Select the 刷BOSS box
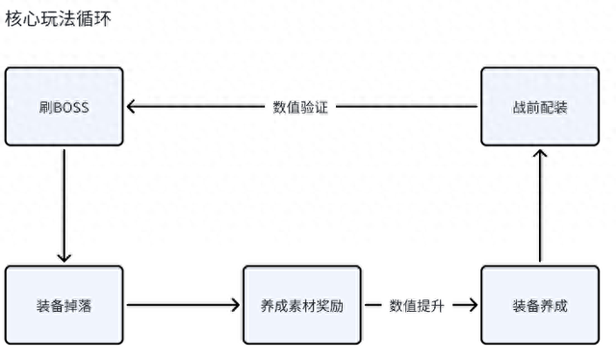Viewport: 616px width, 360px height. pos(64,106)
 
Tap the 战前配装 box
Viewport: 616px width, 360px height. pos(540,106)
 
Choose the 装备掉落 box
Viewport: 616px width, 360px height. pos(64,305)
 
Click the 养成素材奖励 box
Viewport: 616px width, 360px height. pos(302,305)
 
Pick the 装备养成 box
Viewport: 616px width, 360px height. pos(540,305)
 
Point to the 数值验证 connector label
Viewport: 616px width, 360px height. pos(301,107)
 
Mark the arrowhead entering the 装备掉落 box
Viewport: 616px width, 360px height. pos(64,256)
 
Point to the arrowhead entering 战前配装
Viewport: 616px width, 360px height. pos(540,154)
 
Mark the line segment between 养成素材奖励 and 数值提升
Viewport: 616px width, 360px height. pos(371,305)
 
